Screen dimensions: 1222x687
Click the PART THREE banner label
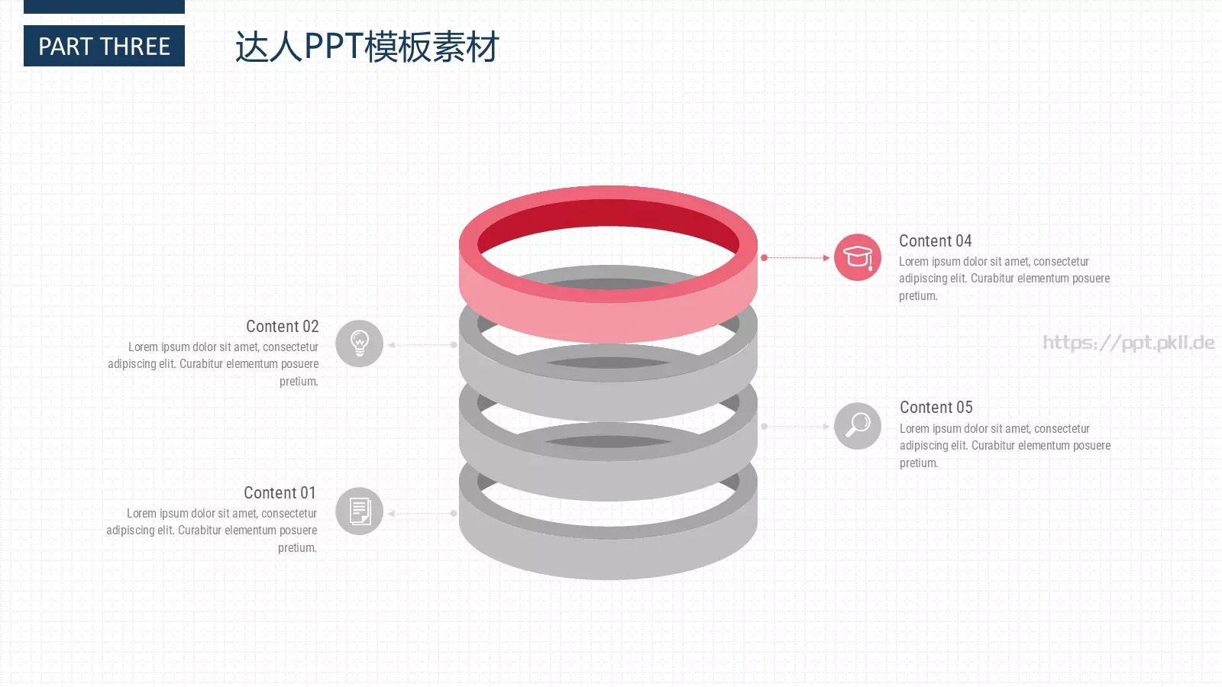tap(104, 47)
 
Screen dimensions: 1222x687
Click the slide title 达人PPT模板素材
tap(367, 47)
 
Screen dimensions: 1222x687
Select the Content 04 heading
tap(935, 241)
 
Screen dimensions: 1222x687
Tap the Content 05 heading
tap(936, 408)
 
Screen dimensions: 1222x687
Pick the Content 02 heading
tap(282, 326)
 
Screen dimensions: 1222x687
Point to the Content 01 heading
tap(280, 492)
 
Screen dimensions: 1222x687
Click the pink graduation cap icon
tap(858, 257)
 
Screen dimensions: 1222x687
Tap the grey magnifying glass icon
tap(858, 426)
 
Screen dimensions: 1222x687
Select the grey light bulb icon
tap(359, 343)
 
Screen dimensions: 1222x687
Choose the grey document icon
tap(359, 511)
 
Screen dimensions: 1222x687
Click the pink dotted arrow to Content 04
tap(796, 257)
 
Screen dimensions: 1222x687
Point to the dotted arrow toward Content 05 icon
tap(796, 427)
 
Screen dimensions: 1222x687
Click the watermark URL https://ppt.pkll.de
tap(1129, 343)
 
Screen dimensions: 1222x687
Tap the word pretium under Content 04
tap(918, 296)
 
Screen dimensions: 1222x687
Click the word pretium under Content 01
tap(297, 547)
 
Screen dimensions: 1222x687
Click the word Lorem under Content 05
tap(914, 428)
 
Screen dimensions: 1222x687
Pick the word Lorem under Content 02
tap(143, 347)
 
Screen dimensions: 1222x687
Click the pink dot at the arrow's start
tap(765, 257)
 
